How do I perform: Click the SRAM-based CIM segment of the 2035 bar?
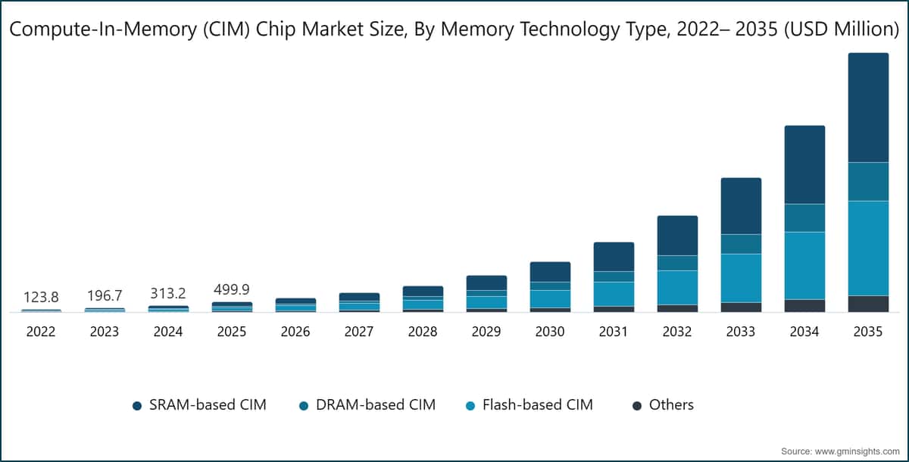pyautogui.click(x=868, y=108)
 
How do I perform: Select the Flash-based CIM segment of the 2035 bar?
pyautogui.click(x=868, y=248)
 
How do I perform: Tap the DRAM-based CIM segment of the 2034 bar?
pyautogui.click(x=804, y=217)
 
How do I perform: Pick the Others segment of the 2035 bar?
pyautogui.click(x=868, y=303)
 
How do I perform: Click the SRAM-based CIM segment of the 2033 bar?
pyautogui.click(x=741, y=206)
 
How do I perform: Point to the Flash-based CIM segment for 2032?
pyautogui.click(x=677, y=287)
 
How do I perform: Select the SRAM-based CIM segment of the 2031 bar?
pyautogui.click(x=614, y=257)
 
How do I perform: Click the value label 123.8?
pyautogui.click(x=41, y=295)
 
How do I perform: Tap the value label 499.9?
pyautogui.click(x=232, y=289)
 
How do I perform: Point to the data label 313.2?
pyautogui.click(x=168, y=293)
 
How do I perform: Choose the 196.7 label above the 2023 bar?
pyautogui.click(x=105, y=295)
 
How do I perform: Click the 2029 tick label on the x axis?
pyautogui.click(x=486, y=332)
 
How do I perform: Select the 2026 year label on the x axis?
pyautogui.click(x=295, y=332)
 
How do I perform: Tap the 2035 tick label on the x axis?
pyautogui.click(x=868, y=332)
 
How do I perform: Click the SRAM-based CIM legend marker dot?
pyautogui.click(x=137, y=406)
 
